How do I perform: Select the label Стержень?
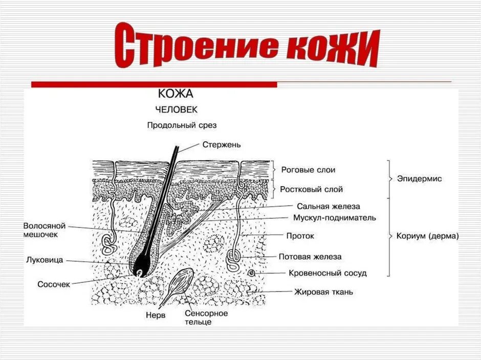[222, 145]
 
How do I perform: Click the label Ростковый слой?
[311, 189]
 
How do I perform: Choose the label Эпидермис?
[419, 179]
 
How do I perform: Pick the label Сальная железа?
[329, 207]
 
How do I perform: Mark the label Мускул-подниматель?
[335, 218]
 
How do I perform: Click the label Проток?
[300, 236]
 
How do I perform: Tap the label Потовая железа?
[310, 256]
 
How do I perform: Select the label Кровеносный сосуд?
[327, 273]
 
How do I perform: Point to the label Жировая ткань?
[323, 292]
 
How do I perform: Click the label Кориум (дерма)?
[428, 236]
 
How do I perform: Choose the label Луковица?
[45, 260]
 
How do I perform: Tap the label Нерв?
[156, 316]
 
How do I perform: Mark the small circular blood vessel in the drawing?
[251, 274]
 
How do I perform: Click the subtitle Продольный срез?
[174, 124]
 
